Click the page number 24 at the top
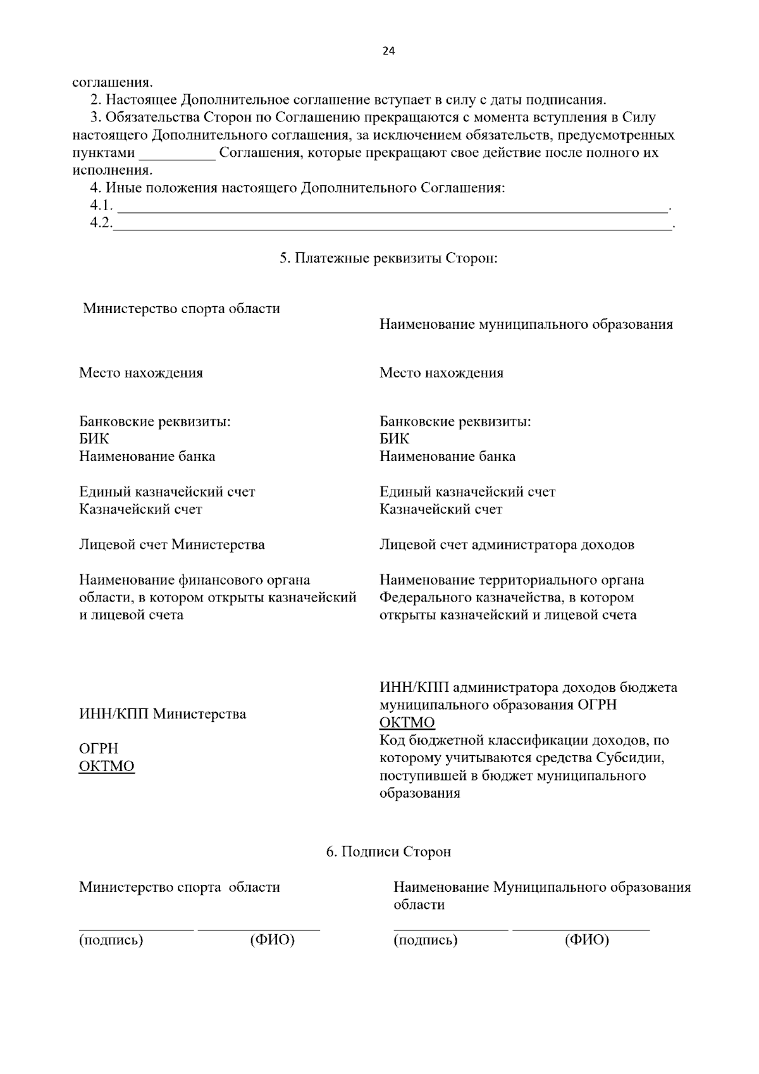point(388,52)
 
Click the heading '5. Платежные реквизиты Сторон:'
point(388,259)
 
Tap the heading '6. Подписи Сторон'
point(388,851)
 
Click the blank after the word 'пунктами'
point(177,154)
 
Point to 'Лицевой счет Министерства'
point(172,545)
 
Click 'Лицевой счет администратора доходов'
point(507,545)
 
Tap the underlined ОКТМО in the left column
point(107,766)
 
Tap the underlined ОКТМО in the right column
point(407,722)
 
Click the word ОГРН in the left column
point(99,749)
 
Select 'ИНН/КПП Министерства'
point(163,714)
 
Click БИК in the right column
point(394,439)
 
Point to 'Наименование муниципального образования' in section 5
point(526,324)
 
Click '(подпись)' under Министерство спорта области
point(111,940)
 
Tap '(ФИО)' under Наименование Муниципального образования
point(586,940)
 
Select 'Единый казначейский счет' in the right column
point(467,491)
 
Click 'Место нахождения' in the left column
point(141,373)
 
